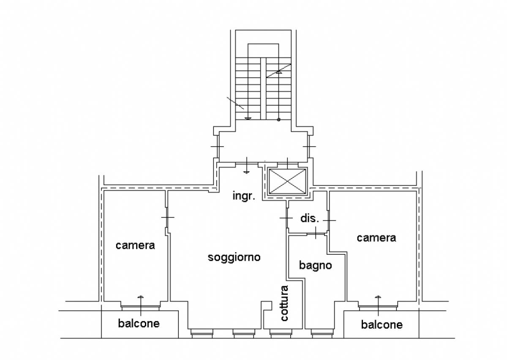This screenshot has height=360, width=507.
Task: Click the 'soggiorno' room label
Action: point(234,257)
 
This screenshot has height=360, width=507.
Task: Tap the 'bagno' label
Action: point(315,265)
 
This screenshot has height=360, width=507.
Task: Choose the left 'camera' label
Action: point(135,245)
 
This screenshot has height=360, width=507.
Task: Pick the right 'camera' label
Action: point(376,238)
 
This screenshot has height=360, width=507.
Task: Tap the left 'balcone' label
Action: point(139,324)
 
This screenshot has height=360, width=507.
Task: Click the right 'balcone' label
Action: point(382,325)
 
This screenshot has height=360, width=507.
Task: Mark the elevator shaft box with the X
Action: point(287,182)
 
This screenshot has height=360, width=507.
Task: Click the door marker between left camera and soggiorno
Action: point(167,217)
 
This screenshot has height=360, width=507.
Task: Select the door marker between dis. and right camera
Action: point(330,220)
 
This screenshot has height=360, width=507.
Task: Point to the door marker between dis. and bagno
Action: point(316,233)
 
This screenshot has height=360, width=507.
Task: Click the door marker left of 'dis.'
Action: point(286,218)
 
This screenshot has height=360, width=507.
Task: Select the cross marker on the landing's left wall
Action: point(217,146)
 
